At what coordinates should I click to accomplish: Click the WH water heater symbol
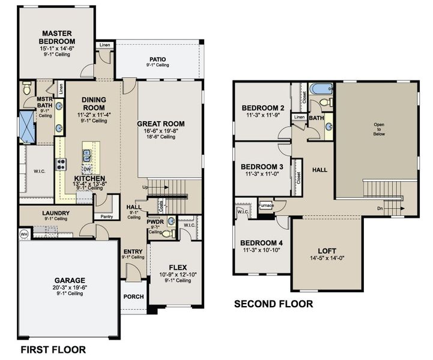(x=24, y=234)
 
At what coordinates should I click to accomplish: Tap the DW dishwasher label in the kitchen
(x=87, y=170)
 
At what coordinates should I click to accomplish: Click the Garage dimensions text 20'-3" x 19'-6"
(x=70, y=287)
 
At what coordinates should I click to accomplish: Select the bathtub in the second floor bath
(x=321, y=89)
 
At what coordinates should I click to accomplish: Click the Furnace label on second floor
(x=266, y=206)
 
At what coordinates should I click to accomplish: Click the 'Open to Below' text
(x=379, y=130)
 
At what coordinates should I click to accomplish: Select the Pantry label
(x=107, y=216)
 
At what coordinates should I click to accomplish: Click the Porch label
(x=133, y=297)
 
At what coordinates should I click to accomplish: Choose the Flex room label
(x=177, y=267)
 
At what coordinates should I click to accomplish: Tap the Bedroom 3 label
(x=262, y=167)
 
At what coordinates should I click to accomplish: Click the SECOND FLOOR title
(x=273, y=304)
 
